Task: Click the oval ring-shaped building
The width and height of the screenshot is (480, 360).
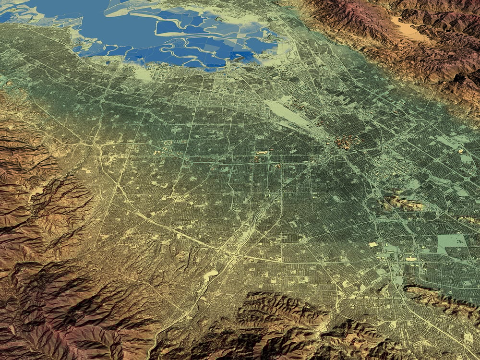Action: (168, 143)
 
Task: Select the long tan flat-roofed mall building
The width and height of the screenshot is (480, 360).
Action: (411, 259)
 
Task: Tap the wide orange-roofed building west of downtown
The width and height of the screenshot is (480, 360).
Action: (262, 153)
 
